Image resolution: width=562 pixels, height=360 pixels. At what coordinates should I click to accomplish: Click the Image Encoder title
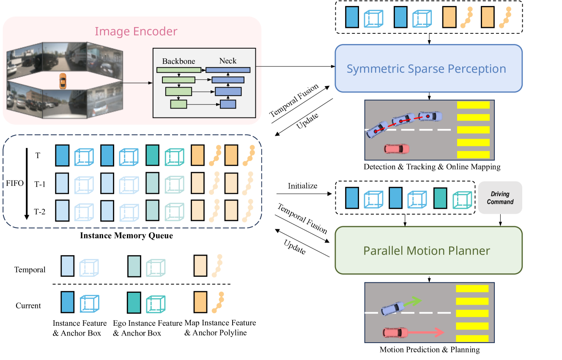coord(136,31)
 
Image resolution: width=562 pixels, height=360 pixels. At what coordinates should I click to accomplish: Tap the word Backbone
coord(178,61)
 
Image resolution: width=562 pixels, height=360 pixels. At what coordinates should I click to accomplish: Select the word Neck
coord(228,61)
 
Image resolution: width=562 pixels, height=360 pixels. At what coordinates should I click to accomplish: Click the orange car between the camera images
coord(63,81)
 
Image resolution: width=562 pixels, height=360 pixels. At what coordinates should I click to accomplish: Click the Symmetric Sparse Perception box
coord(429,68)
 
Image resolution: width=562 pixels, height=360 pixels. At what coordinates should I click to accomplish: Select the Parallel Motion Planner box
coord(429,251)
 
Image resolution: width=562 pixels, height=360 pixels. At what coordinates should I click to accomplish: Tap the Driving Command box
coord(500,198)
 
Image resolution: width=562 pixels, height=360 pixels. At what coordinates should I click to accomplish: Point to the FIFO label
coord(15,183)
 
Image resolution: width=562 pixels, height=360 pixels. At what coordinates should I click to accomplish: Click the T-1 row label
coord(40,184)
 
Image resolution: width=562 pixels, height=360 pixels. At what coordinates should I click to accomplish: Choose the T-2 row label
coord(40,212)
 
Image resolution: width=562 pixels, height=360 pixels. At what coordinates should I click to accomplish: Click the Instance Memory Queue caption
coord(126,236)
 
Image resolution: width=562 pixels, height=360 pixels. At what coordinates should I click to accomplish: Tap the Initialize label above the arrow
coord(303,186)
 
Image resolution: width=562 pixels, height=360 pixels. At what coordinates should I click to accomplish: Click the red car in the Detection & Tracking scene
coord(396,149)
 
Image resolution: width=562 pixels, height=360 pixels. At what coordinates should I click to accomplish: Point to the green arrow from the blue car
coord(412,301)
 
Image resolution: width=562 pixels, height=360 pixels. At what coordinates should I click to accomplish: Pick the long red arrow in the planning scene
coord(425,333)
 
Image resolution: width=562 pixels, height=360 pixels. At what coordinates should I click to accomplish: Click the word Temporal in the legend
coord(30,270)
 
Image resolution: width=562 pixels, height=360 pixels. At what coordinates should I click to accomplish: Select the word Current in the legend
coord(28,305)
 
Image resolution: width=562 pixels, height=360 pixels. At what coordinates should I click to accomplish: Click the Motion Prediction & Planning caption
coord(430,349)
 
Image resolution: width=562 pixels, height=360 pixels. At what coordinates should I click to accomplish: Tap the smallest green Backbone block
coord(178,104)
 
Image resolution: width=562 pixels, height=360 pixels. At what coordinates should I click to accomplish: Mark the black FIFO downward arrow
coord(27,184)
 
